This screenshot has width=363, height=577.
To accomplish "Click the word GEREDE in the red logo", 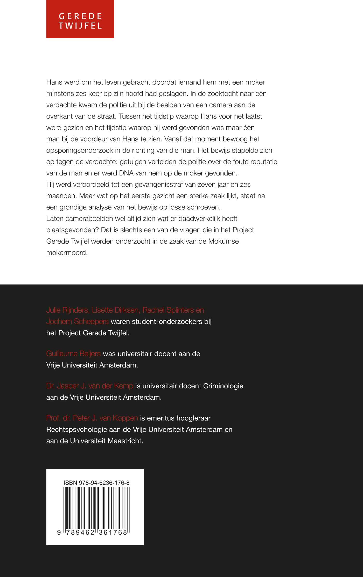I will [x=80, y=16].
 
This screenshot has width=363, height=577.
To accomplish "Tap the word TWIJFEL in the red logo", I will [x=80, y=26].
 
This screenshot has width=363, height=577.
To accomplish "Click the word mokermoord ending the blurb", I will [x=67, y=253].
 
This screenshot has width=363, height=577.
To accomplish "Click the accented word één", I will [x=249, y=128].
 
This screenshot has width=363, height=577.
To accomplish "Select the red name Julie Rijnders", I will [x=67, y=310].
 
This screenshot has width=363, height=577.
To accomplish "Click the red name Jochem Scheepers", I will [x=77, y=322].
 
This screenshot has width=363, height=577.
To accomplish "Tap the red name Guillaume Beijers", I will [x=73, y=354].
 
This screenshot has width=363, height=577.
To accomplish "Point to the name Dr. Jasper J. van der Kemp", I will [x=90, y=386].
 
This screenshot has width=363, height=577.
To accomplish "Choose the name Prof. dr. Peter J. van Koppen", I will [x=92, y=418].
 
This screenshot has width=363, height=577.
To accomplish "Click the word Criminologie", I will [x=223, y=386].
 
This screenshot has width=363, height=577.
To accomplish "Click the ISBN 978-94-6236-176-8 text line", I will [x=96, y=483].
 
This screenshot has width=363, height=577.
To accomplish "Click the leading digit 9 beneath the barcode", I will [x=59, y=532].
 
